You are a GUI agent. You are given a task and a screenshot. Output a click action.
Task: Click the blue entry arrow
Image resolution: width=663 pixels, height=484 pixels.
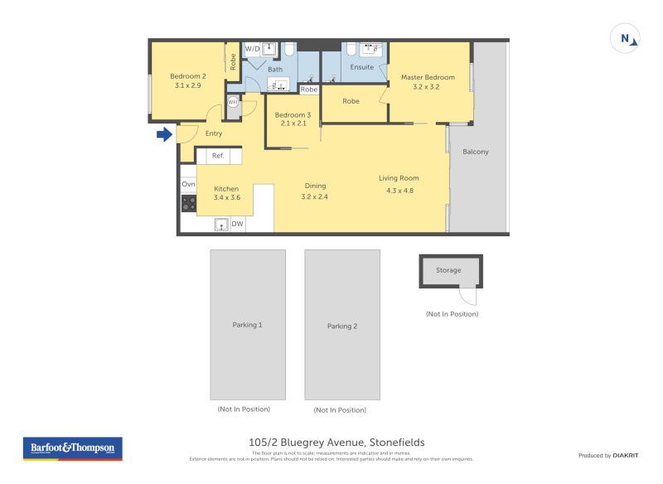(x=164, y=133)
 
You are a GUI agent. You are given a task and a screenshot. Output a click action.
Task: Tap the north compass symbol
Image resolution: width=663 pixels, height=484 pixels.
(x=626, y=38)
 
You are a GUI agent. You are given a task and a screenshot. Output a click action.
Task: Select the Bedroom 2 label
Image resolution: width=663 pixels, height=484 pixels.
(x=188, y=75)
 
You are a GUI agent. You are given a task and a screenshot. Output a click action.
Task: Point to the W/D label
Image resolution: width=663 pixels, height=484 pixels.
(x=252, y=49)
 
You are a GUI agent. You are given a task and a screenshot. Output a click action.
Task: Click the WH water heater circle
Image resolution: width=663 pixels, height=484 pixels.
(x=233, y=101)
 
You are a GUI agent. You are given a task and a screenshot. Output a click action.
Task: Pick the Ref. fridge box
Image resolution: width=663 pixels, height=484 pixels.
(x=218, y=156)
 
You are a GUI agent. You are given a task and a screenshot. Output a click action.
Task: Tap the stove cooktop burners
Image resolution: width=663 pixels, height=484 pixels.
(x=189, y=203)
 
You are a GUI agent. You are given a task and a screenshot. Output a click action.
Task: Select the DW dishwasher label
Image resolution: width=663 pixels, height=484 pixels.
(x=237, y=224)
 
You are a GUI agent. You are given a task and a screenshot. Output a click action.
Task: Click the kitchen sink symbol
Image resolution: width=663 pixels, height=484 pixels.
(x=221, y=224)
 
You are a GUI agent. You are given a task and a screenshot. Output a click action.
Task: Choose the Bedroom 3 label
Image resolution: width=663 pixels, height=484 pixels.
(x=293, y=114)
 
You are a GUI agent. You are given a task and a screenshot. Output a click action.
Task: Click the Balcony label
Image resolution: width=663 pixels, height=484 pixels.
(x=476, y=152)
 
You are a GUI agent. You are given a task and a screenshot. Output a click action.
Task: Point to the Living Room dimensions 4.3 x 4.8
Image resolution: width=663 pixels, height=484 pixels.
(x=399, y=191)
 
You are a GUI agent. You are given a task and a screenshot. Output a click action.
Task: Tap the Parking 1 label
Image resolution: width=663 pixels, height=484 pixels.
(x=247, y=325)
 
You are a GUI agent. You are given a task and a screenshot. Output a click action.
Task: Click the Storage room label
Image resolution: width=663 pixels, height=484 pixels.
(x=448, y=270)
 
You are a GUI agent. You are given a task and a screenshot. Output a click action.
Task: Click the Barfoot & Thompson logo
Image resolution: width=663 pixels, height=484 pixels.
(x=73, y=448)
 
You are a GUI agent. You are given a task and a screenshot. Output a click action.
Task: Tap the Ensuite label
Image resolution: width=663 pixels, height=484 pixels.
(x=362, y=67)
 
